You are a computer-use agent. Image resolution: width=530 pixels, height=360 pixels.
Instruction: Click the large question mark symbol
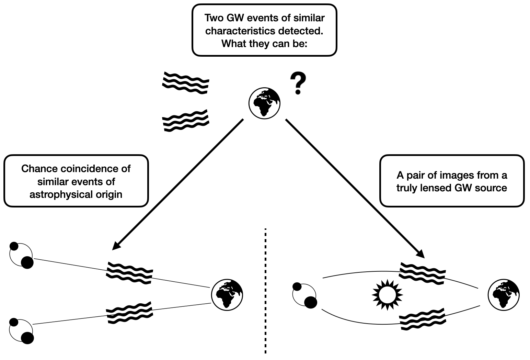[298, 83]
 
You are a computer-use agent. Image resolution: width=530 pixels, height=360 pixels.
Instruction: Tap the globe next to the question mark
[264, 103]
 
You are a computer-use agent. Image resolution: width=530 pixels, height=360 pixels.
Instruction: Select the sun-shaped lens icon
[387, 295]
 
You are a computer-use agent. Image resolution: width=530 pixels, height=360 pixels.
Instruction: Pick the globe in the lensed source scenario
[504, 295]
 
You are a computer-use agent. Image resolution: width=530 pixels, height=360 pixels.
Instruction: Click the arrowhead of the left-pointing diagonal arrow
[116, 246]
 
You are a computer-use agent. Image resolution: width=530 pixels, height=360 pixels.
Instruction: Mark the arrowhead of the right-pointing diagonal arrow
[421, 254]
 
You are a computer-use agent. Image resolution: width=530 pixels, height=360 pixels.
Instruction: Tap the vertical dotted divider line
[265, 291]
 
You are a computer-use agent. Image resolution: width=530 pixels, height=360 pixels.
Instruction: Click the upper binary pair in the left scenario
[21, 255]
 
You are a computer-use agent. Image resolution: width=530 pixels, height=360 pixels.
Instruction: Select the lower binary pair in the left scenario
[21, 330]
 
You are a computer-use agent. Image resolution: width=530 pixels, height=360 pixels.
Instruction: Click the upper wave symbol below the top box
[185, 83]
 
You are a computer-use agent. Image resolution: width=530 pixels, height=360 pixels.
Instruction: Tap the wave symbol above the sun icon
[423, 271]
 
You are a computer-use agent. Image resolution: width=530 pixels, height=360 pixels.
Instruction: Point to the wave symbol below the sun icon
[423, 319]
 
